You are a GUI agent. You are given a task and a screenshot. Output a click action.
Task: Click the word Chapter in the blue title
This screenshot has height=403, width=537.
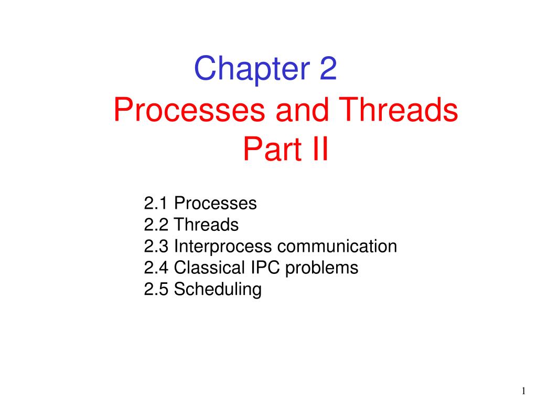(252, 70)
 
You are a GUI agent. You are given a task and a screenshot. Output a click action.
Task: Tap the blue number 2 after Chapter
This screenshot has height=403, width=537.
(328, 68)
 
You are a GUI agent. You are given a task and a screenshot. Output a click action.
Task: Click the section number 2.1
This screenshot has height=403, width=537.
(156, 203)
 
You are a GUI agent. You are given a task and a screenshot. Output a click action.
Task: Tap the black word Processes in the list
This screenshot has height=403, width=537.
(216, 203)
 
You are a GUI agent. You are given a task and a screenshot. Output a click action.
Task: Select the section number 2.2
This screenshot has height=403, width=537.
(156, 225)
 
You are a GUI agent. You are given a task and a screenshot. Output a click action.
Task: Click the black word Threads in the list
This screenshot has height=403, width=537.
(206, 225)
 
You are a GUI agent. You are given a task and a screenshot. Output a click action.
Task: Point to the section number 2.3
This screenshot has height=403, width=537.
(156, 246)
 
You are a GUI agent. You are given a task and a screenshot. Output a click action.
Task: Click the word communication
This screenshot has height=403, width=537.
(337, 246)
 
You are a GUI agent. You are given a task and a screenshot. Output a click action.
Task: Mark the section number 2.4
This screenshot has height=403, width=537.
(156, 268)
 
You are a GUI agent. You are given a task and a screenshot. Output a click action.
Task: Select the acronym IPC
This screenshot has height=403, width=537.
(265, 267)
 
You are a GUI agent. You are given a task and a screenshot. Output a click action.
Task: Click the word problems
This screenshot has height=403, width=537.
(321, 268)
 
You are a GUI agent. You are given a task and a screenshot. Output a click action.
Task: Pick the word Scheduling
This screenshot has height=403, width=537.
(218, 290)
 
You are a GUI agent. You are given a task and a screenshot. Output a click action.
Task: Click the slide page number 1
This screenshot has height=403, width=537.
(524, 390)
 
